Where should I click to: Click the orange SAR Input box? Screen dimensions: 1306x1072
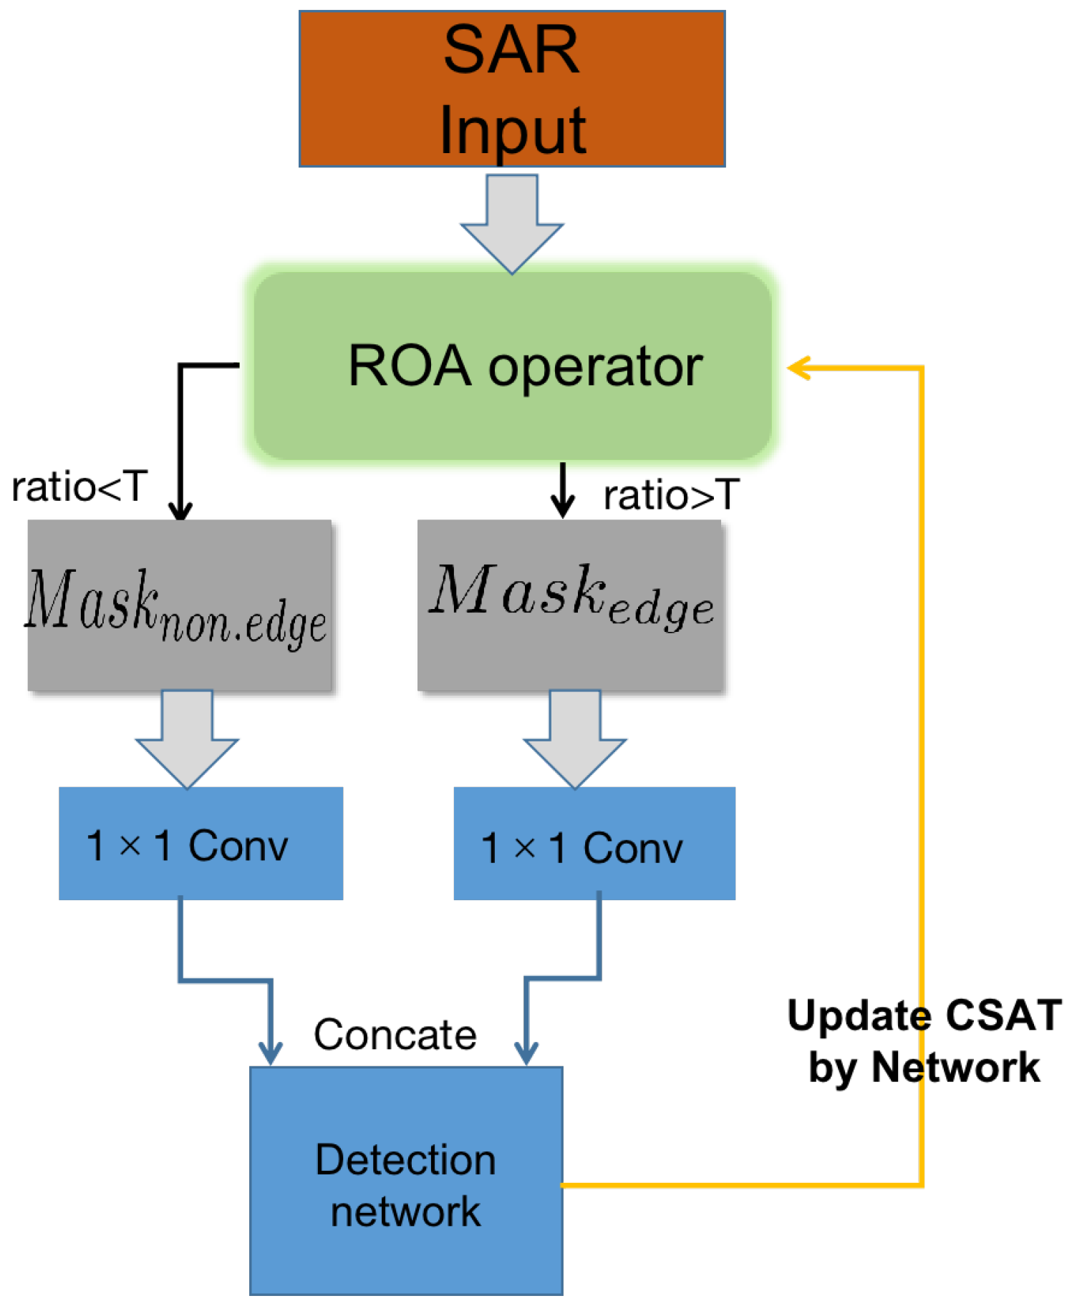click(511, 89)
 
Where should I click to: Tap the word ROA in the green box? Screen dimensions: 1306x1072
click(409, 366)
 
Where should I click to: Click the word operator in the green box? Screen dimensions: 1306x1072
click(595, 367)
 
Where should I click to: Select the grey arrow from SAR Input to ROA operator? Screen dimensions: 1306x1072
click(511, 223)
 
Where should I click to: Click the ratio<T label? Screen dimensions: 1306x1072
click(79, 487)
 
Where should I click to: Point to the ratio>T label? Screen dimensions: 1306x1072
click(670, 495)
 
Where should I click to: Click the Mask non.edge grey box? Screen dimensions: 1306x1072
click(179, 605)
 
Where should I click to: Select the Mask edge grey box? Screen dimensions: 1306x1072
click(571, 605)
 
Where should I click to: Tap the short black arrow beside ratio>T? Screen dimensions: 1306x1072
click(563, 490)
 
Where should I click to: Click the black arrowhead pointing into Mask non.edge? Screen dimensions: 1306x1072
click(180, 510)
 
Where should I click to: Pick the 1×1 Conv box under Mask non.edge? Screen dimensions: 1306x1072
click(201, 843)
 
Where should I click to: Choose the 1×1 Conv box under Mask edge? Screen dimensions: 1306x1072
click(594, 843)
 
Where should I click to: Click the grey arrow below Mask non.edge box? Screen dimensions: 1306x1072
click(187, 739)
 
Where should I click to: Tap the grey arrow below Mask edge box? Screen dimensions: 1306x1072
click(575, 739)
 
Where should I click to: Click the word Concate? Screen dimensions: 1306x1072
click(395, 1034)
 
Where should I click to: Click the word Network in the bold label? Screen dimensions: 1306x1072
click(955, 1067)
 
